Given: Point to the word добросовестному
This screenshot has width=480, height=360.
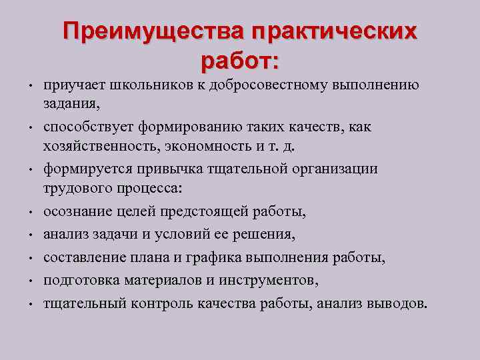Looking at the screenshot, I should coord(270,85).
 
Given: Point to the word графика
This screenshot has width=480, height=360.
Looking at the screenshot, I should coord(229,258).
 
